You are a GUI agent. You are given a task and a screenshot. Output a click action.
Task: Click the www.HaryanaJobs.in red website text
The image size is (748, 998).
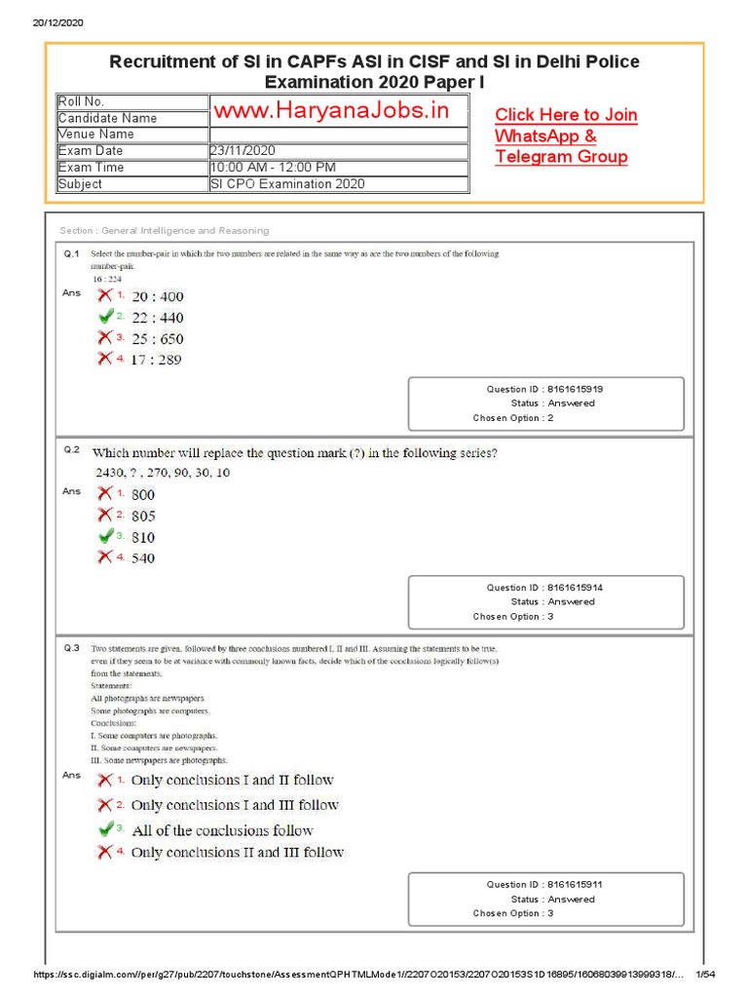(332, 110)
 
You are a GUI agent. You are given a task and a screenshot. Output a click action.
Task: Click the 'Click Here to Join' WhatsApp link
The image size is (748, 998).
(566, 115)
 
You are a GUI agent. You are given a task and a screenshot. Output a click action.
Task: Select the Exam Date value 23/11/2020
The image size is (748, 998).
(243, 150)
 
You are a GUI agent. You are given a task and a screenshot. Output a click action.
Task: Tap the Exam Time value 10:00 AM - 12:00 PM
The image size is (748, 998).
(274, 167)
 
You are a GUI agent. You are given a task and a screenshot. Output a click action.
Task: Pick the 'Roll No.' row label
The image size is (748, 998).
(81, 101)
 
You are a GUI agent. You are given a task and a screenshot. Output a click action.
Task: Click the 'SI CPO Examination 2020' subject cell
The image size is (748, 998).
(287, 183)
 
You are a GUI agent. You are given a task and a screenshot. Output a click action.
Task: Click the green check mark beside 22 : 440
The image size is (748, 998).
(105, 317)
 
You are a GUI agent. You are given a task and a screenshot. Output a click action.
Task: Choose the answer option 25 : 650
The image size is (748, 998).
(157, 339)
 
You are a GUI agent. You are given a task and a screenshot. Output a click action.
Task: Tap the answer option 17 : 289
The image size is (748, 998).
(156, 360)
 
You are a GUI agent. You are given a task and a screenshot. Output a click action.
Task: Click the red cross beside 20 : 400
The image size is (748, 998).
(104, 295)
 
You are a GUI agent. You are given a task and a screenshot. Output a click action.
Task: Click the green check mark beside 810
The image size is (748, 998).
(105, 536)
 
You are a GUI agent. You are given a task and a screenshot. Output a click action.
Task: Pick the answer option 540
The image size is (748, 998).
(143, 558)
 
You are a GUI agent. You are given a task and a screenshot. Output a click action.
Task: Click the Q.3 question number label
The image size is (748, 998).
(72, 648)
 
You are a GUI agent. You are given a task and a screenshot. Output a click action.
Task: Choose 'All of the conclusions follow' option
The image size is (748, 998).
(222, 830)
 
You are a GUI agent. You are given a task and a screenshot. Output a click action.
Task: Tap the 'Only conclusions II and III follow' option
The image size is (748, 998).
(237, 853)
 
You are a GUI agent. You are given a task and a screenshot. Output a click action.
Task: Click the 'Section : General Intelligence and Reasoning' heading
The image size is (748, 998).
(164, 231)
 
